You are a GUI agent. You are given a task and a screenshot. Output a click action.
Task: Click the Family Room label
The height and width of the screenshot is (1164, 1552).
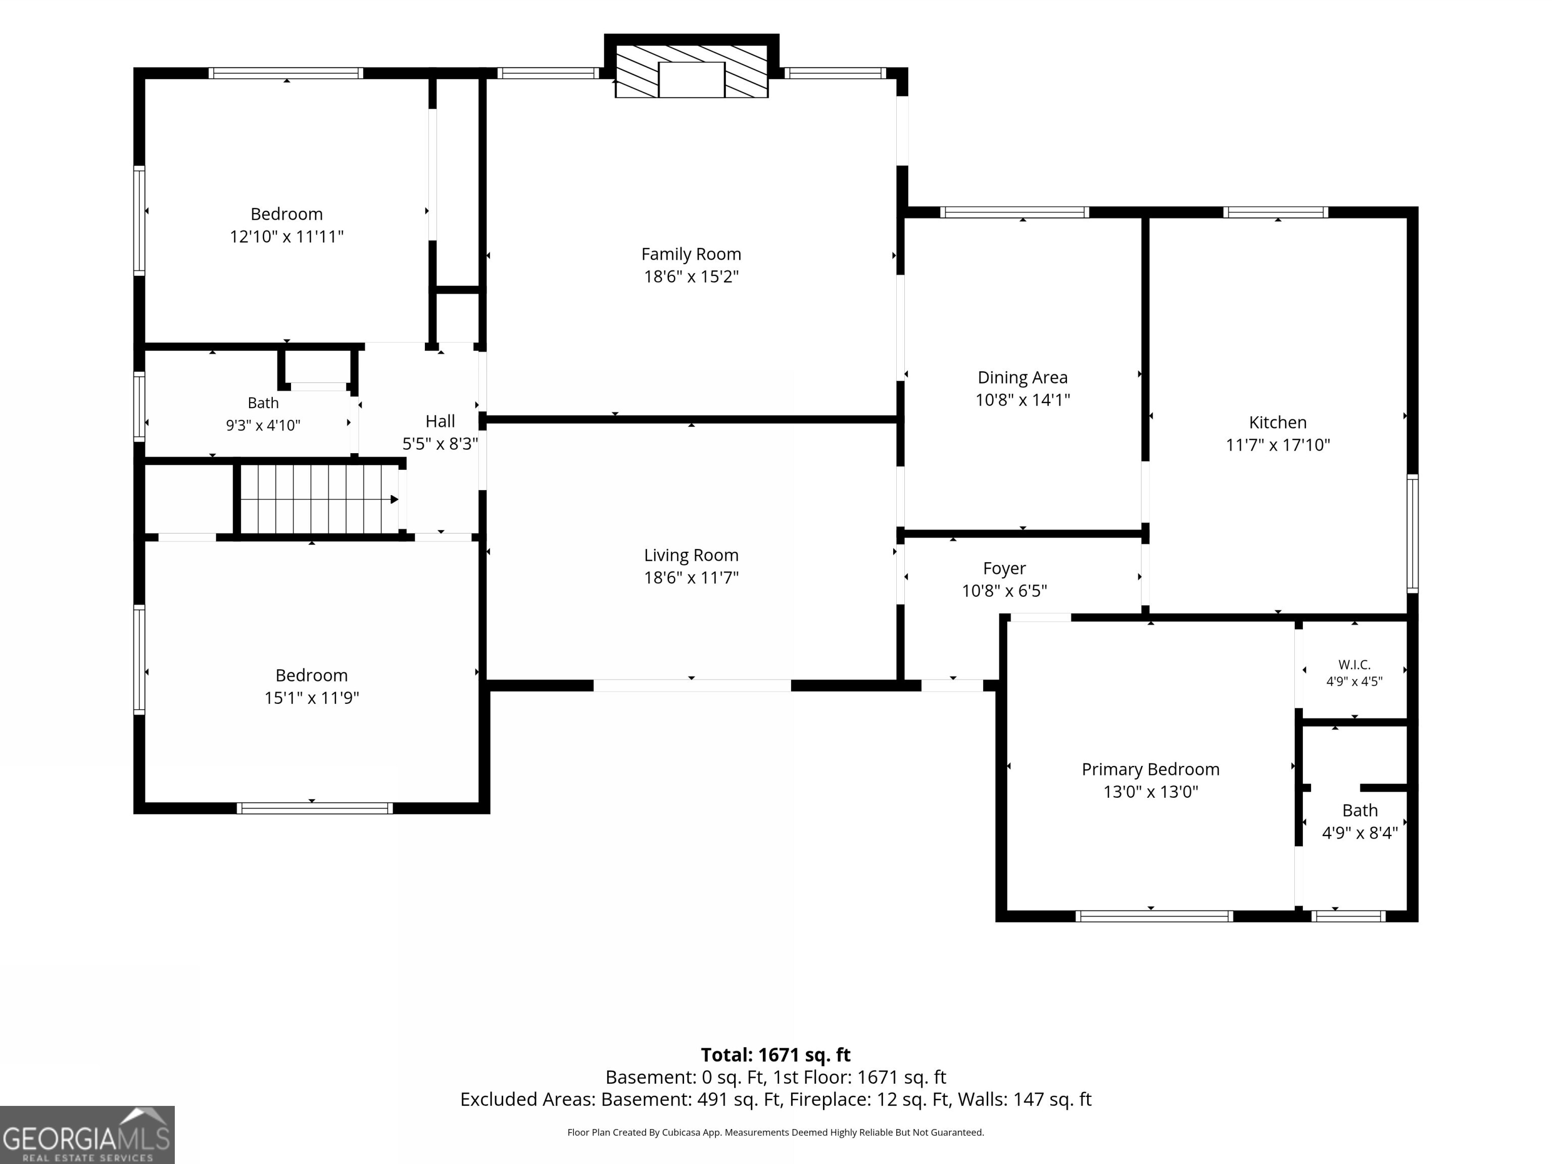click(x=691, y=254)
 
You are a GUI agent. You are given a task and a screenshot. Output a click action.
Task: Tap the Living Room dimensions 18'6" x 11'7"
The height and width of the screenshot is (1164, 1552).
click(x=691, y=577)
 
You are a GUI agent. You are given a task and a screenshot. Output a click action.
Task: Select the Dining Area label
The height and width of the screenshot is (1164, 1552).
click(x=1022, y=377)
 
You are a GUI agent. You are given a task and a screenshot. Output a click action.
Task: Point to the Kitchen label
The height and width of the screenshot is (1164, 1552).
click(x=1278, y=422)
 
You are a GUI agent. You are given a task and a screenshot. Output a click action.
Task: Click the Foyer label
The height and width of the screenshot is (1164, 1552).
click(x=1004, y=568)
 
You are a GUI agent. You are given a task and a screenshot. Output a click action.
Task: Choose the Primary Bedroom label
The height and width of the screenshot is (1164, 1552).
click(x=1151, y=769)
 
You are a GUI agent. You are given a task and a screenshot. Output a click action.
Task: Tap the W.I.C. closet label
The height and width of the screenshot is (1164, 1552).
click(x=1354, y=664)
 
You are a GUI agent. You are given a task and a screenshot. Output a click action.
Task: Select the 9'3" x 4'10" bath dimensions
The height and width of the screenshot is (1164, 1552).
click(x=263, y=425)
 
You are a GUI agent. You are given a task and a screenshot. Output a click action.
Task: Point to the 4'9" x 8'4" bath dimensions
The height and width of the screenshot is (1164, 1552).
click(x=1360, y=833)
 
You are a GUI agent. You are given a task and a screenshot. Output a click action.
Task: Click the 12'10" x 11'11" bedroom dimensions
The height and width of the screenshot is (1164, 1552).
click(x=286, y=236)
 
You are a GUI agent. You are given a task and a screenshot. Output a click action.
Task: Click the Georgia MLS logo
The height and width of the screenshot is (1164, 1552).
click(x=87, y=1135)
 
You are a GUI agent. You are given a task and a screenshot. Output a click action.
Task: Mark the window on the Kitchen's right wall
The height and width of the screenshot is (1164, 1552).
click(x=1413, y=533)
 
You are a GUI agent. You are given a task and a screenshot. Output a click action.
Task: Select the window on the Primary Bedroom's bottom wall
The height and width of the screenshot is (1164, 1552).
click(x=1154, y=915)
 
